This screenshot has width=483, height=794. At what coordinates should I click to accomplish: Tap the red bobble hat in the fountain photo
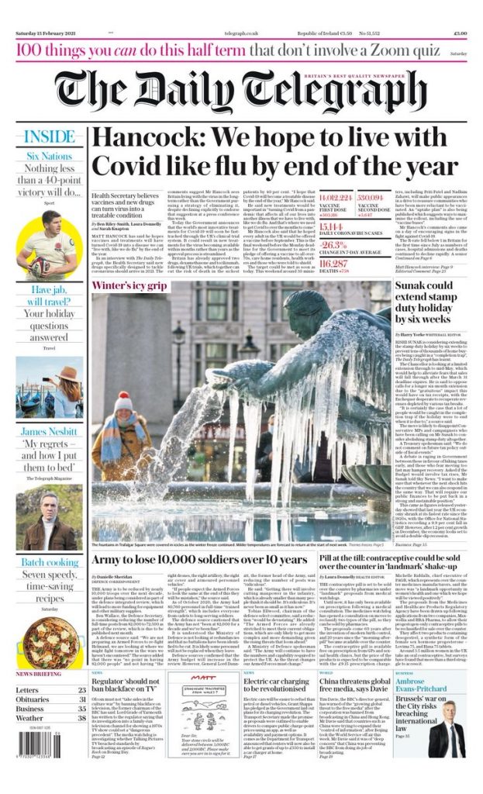124,400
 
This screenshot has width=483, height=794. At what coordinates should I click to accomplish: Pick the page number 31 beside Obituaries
81,700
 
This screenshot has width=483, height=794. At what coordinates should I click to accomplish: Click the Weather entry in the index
29,719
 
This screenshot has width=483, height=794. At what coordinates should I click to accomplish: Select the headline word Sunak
437,288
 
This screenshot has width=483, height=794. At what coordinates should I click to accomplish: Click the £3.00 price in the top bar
460,33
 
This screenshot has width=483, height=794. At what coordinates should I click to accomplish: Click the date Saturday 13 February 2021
47,33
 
